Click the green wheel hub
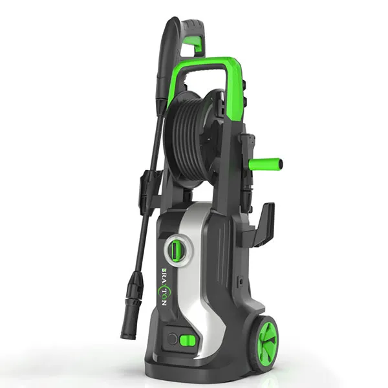coord(267,336)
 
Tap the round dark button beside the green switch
coord(172,338)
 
